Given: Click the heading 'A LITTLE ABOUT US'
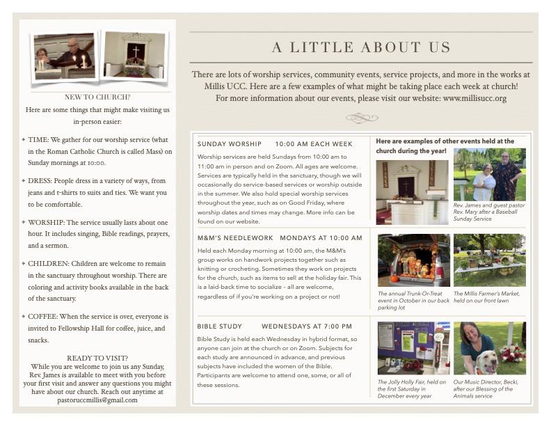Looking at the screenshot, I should (361, 48).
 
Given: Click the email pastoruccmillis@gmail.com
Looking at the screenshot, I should (97, 400).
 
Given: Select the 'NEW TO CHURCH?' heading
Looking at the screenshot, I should (97, 97).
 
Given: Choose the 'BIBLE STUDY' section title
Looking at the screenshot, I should (220, 326).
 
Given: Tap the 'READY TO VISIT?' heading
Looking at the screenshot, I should (97, 358).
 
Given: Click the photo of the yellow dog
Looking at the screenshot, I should (489, 348).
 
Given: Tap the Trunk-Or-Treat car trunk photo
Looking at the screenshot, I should (413, 260).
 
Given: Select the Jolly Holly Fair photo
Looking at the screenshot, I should (413, 348).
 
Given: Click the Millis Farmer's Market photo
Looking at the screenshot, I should (489, 260).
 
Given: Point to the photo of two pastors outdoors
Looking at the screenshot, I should (489, 174).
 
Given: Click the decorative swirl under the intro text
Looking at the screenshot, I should (361, 118).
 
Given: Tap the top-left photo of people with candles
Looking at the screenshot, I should (64, 56).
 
